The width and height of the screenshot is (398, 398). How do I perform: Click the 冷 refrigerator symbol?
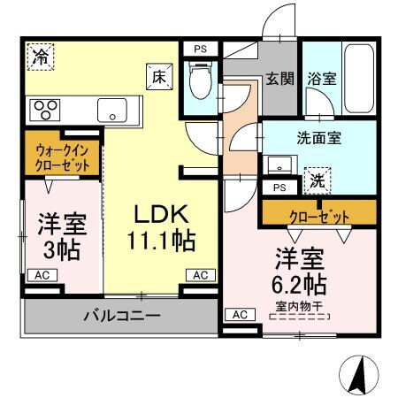click(41, 57)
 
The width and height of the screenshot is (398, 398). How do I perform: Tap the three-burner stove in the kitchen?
click(44, 110)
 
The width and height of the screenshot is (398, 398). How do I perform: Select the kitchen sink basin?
click(112, 111)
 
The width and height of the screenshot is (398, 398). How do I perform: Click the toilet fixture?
click(200, 82)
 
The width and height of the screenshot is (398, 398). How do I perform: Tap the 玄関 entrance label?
click(280, 79)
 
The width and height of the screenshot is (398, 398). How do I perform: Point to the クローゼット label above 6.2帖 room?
click(318, 215)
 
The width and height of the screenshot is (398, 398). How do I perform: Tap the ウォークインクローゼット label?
click(62, 157)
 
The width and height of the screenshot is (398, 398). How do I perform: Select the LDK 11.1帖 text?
click(163, 226)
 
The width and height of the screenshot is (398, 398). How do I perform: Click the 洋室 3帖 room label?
click(61, 235)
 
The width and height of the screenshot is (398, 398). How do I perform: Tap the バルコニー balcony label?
click(122, 315)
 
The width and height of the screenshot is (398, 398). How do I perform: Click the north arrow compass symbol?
click(359, 373)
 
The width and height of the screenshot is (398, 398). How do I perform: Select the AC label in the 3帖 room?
click(42, 276)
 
